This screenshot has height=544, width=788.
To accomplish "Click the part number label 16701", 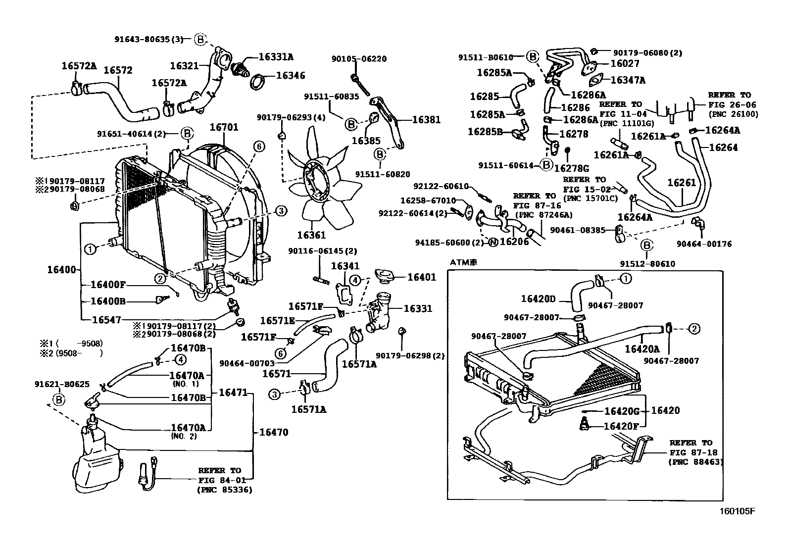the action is [224, 127].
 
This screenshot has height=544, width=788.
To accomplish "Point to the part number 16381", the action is [426, 120].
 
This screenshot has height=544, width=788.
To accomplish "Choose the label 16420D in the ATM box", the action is [538, 299].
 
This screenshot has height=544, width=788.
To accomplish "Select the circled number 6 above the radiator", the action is [259, 147].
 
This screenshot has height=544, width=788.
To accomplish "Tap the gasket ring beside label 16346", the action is [258, 82].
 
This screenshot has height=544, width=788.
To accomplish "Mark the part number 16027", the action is [625, 63].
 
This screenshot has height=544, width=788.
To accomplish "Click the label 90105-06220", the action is [359, 59].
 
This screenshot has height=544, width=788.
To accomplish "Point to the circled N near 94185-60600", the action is [493, 242].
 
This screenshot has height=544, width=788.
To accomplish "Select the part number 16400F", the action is [108, 285].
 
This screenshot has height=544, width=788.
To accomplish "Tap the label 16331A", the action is [276, 57].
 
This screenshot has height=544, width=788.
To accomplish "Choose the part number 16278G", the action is [572, 169].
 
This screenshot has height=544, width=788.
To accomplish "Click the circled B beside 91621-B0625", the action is [59, 400].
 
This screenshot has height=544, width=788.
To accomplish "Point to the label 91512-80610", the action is [647, 264].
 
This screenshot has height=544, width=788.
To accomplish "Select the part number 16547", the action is [106, 320].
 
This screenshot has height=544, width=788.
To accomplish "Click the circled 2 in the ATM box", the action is [694, 329].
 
